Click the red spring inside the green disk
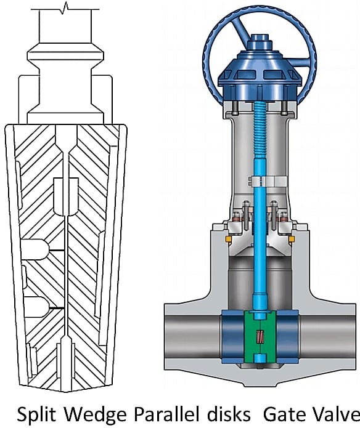(x=260, y=337)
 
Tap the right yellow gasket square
(x=291, y=238)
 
